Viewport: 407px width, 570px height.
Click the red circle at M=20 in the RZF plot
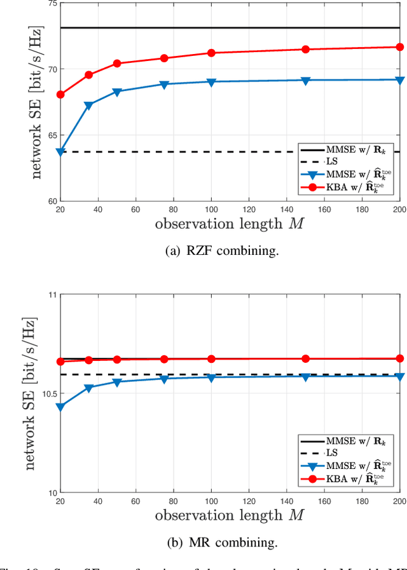(x=60, y=95)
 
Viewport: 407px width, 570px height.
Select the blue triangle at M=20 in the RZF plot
(x=60, y=153)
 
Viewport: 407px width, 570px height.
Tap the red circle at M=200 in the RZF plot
(x=400, y=47)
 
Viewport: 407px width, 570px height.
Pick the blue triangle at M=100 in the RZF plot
(x=211, y=82)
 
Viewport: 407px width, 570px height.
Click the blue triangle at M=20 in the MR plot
(x=60, y=407)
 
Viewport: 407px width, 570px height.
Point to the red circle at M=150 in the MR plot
(x=306, y=359)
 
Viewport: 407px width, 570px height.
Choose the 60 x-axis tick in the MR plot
(x=135, y=501)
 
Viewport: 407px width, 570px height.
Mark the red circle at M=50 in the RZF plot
(x=117, y=64)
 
